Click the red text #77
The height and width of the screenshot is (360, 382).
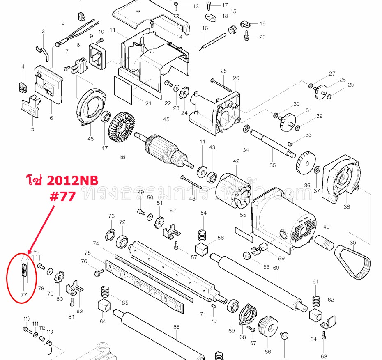[x=62, y=196]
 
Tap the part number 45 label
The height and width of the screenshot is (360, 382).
[x=166, y=119]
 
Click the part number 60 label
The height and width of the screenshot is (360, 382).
[x=276, y=268]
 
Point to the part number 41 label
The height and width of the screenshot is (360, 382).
[x=292, y=194]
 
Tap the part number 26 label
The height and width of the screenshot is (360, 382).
[x=235, y=78]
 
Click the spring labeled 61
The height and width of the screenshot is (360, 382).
[x=316, y=301]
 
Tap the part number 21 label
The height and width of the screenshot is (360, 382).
[x=148, y=103]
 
